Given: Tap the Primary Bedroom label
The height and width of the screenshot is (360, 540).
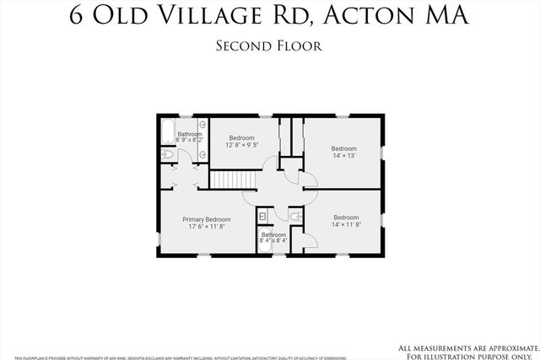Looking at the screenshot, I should pos(207,219).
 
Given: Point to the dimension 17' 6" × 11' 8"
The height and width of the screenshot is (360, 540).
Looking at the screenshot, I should pos(207,226).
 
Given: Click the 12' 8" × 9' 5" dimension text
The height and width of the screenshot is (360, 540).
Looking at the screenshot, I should pos(242,145).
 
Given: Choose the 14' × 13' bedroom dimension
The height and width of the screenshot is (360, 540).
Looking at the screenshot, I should pos(343,156).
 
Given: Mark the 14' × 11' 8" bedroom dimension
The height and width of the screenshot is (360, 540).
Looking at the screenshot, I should pos(346,224).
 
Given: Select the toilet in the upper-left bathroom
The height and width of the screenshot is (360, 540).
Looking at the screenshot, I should pos(166,156).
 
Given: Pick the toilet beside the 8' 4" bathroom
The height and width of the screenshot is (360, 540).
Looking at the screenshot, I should pos(295,218).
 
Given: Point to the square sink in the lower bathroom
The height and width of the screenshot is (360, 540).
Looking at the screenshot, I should pos(263,217).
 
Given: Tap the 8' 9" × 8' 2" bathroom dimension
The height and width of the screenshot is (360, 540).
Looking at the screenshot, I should pos(190,141).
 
